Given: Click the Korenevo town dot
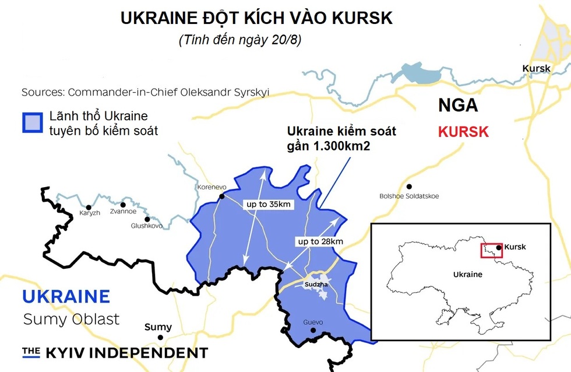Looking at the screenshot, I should tap(221, 197).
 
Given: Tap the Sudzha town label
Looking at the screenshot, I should tap(316, 284).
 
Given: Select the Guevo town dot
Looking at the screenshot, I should tap(313, 331).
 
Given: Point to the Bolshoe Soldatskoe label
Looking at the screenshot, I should tap(409, 196).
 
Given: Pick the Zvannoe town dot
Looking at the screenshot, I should tap(123, 205).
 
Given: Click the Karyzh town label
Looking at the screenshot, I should tap(90, 213).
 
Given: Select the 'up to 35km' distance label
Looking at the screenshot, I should tap(266, 205).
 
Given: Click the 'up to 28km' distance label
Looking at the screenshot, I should tap(320, 241).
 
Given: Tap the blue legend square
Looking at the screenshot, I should tap(33, 122).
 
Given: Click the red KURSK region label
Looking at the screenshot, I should tap(463, 132).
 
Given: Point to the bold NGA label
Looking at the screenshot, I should tap(458, 106).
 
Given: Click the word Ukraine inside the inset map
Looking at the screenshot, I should tap(467, 275).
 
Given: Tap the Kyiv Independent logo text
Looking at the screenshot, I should tap(115, 352).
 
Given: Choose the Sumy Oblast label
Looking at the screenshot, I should tap(71, 320).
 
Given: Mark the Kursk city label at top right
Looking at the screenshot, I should tap(536, 68).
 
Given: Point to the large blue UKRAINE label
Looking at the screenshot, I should tap(66, 296).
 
